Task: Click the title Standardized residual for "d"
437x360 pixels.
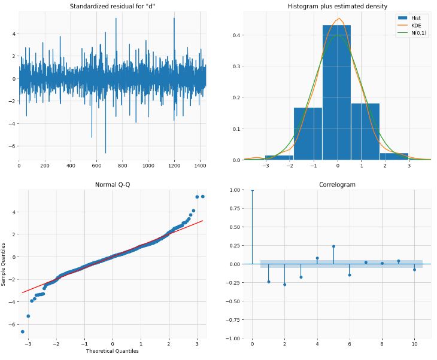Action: [113, 6]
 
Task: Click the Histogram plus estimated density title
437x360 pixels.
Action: [337, 6]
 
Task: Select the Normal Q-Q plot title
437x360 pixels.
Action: [113, 185]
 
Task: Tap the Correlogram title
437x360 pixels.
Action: [337, 185]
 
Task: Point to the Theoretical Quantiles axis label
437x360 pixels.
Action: [113, 350]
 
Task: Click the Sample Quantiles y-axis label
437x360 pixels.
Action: [4, 264]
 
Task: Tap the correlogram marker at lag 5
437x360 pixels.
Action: [333, 246]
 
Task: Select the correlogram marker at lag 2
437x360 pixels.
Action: [284, 285]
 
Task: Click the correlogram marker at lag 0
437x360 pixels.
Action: [252, 190]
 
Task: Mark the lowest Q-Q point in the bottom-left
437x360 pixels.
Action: [23, 331]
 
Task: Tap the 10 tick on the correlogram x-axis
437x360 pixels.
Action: [414, 344]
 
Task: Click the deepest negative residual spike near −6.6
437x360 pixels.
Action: [105, 152]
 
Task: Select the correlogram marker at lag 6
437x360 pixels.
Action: [350, 275]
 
